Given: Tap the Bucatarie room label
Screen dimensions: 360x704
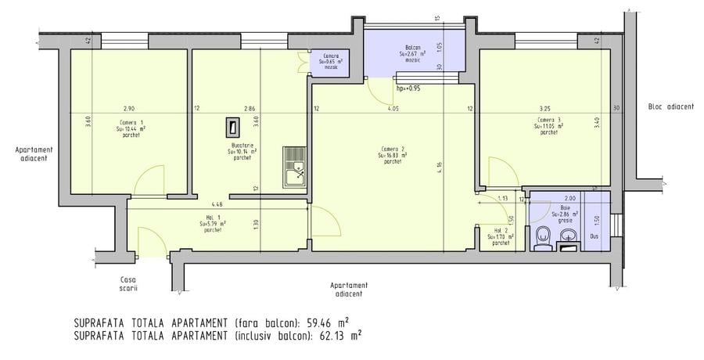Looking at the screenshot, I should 242,146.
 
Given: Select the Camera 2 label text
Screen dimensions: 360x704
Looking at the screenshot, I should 392,149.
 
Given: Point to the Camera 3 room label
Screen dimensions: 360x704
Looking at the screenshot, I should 548,119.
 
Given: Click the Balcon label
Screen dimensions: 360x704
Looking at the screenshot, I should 414,47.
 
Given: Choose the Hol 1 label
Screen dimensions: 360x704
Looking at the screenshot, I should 212,218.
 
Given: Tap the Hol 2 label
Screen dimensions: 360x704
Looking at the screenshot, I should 499,231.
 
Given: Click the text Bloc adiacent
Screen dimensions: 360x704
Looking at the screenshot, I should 666,107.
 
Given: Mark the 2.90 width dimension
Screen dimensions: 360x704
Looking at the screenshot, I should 128,108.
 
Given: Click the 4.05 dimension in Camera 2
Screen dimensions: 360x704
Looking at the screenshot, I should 393,109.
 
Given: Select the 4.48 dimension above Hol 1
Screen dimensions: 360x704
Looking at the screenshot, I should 206,205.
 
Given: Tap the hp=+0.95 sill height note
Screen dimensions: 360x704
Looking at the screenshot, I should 409,88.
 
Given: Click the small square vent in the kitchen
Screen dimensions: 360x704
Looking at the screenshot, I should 232,124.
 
